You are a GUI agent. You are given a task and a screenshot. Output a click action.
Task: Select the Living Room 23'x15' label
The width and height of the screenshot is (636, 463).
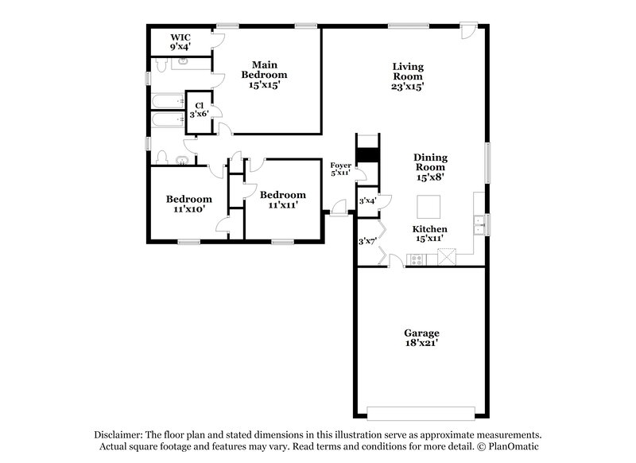coord(407,76)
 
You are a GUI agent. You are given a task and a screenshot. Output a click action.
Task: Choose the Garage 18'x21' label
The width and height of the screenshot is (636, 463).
coord(421,338)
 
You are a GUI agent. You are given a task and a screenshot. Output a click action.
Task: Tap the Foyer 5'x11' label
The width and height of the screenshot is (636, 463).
coord(340,169)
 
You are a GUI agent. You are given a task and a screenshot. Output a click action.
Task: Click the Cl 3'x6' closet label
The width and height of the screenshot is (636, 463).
coord(198,110)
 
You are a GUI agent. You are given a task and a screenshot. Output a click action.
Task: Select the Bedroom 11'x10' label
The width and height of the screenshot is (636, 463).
coord(188,204)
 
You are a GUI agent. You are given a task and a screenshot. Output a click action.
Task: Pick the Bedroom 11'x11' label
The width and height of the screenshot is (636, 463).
coord(282,200)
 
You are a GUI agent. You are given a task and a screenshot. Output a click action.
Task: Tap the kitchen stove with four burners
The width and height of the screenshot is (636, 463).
coord(417,259)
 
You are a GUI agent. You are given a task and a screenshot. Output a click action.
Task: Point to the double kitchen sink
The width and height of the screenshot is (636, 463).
coord(479,225)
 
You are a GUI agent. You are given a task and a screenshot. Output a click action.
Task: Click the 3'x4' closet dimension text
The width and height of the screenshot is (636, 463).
coord(366,201)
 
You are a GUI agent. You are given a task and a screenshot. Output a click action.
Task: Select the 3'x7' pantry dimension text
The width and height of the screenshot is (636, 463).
coord(366,240)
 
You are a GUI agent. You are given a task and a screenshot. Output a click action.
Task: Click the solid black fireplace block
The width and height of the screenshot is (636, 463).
coord(366,154)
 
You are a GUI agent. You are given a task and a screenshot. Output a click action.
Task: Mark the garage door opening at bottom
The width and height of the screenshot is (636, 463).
coord(421,412)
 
